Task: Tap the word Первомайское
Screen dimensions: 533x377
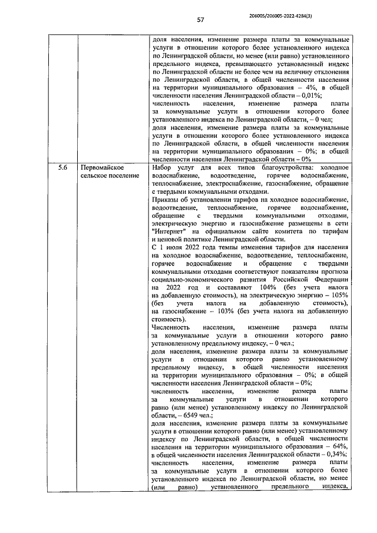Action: click(x=106, y=168)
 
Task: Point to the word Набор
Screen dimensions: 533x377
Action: click(x=163, y=168)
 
